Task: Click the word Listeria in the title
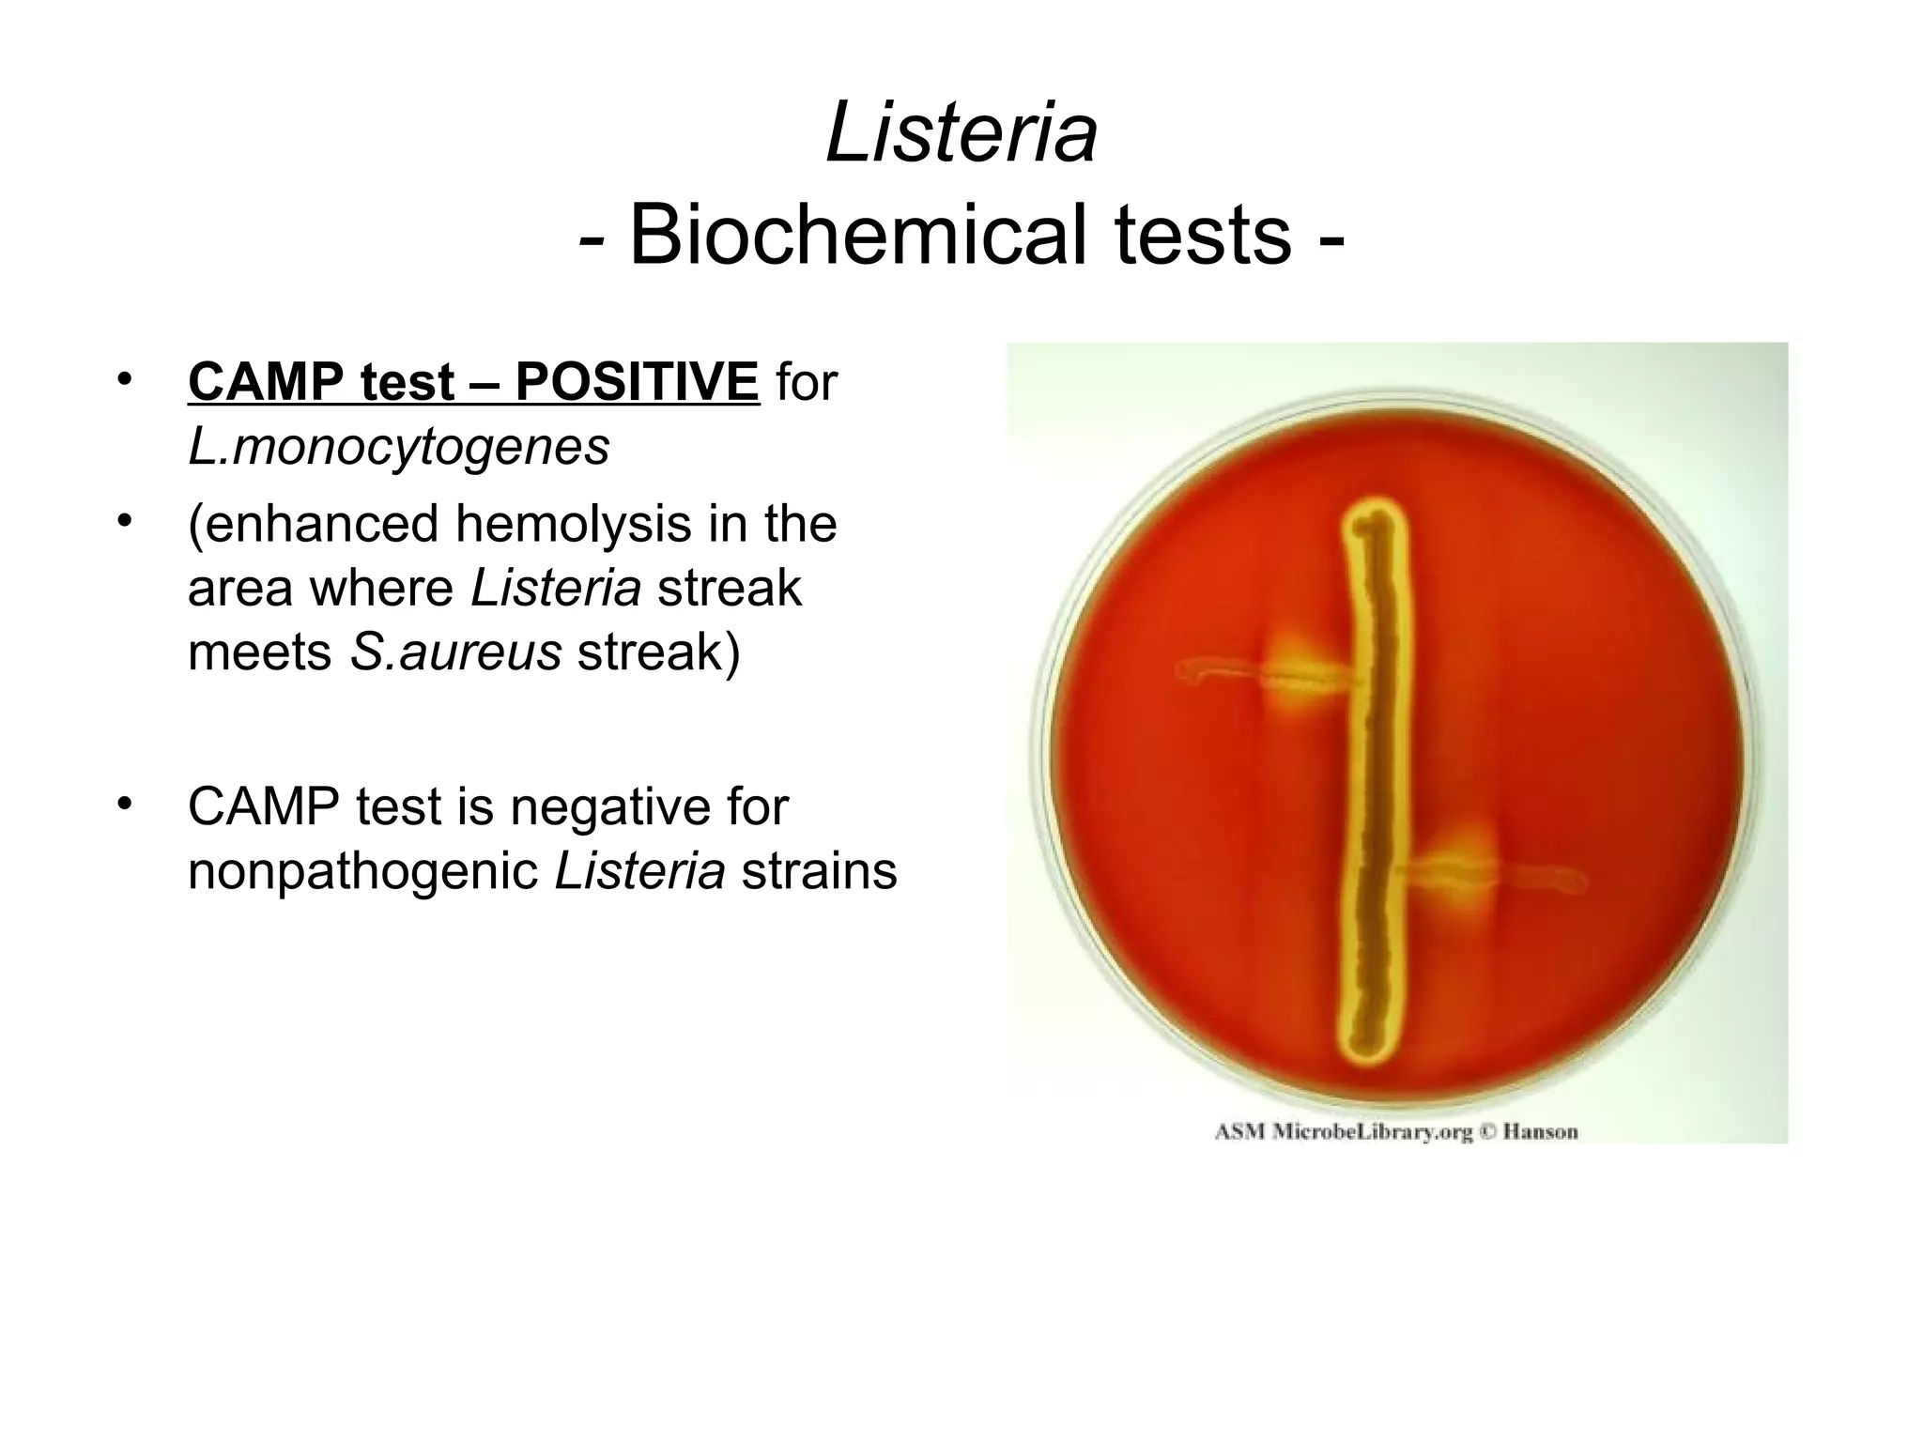961,134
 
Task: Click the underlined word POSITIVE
637,382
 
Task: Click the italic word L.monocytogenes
398,447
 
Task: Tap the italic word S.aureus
455,652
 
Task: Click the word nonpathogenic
362,871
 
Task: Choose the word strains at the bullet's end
819,871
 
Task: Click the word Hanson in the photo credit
1540,1131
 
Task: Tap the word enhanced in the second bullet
314,523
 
